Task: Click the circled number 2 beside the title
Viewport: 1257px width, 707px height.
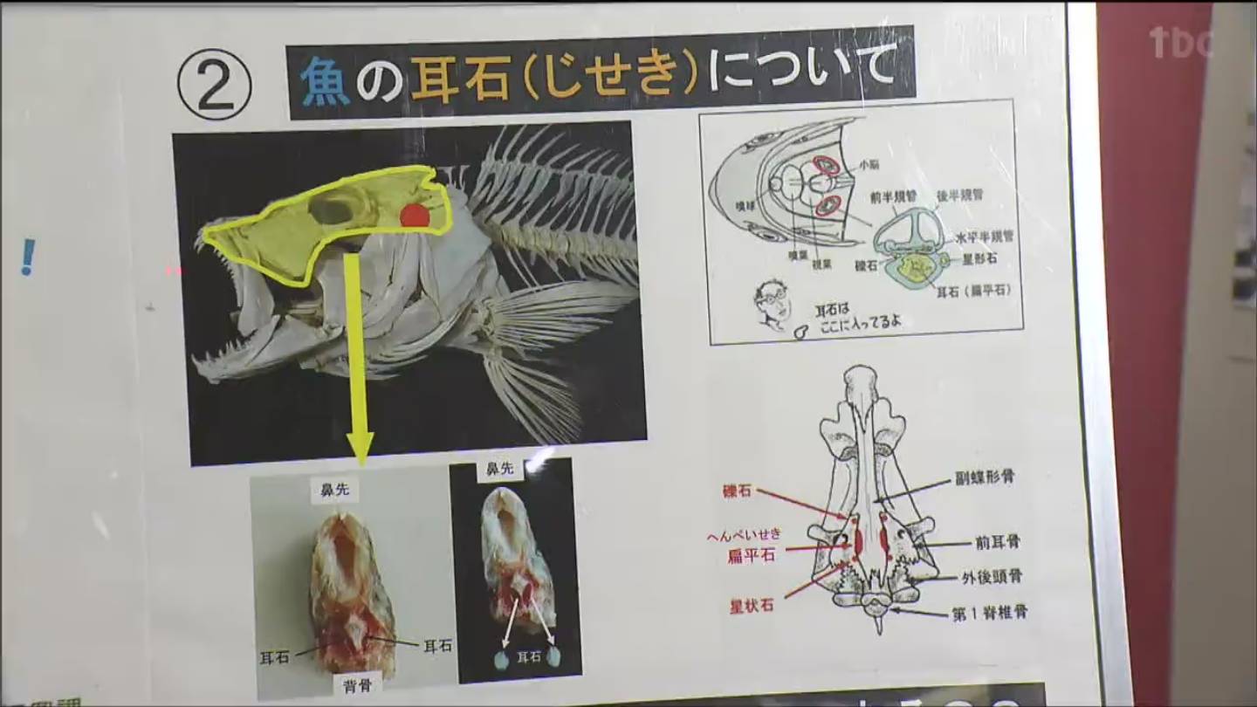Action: (214, 85)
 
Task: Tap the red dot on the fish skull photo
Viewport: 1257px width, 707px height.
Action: (415, 216)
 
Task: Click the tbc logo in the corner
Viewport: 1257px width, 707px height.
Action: (1179, 42)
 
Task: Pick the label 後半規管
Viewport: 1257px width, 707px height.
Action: (959, 195)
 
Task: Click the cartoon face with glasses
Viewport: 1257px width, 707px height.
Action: (774, 305)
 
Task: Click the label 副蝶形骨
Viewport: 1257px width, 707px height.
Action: (985, 477)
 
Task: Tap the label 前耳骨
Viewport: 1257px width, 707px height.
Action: (997, 542)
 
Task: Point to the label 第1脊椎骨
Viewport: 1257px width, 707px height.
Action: (988, 612)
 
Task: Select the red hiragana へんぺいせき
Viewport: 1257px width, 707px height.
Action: (744, 535)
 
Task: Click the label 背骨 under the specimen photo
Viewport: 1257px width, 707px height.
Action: (357, 683)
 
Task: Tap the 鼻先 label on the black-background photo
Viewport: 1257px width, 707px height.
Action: (499, 469)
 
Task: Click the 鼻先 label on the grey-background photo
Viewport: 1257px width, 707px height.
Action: (334, 491)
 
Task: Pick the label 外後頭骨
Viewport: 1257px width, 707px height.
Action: (992, 576)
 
